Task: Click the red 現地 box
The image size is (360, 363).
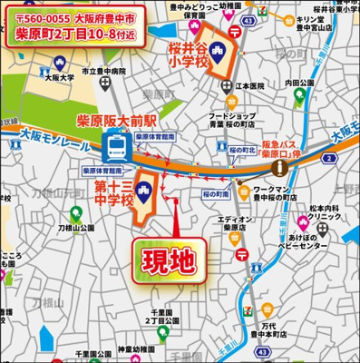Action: pyautogui.click(x=170, y=261)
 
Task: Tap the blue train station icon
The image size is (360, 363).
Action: pyautogui.click(x=116, y=145)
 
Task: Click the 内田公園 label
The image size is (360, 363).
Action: pyautogui.click(x=299, y=83)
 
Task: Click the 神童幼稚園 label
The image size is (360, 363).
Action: pyautogui.click(x=140, y=348)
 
